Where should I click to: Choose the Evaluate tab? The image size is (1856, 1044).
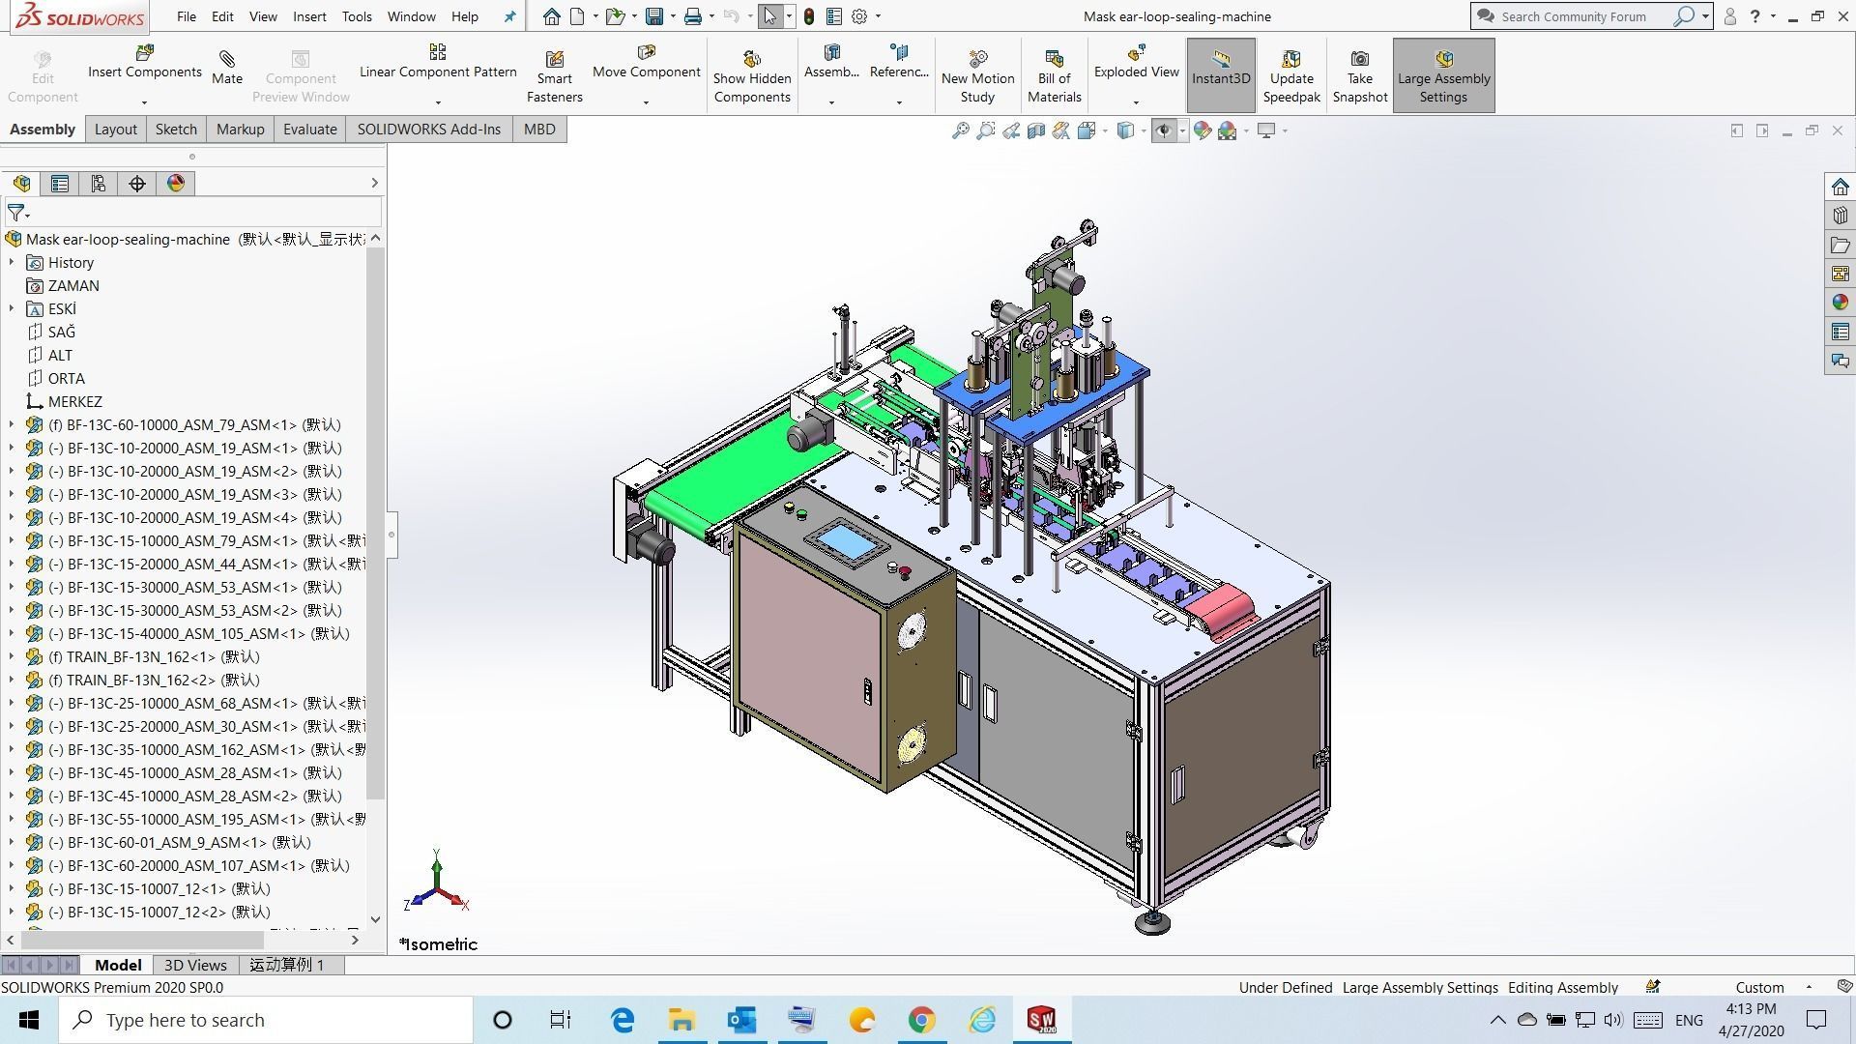click(309, 129)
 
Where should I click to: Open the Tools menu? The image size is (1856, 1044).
click(356, 16)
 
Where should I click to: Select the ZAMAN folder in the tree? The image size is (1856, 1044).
click(73, 285)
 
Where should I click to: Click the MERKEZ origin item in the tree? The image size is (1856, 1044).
click(74, 401)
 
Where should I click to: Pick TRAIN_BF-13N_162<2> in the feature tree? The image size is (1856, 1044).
click(154, 680)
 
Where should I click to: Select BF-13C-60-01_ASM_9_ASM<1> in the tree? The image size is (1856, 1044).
click(179, 842)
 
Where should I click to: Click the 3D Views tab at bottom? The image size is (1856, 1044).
click(195, 965)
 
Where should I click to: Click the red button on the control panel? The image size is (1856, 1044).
click(905, 572)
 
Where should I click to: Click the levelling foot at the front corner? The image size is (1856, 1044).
click(1152, 920)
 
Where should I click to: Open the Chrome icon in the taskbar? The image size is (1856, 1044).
click(921, 1020)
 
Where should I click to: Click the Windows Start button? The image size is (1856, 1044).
click(29, 1020)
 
